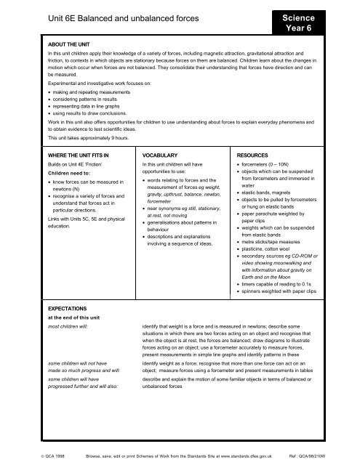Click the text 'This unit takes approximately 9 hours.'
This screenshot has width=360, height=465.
(x=98, y=137)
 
